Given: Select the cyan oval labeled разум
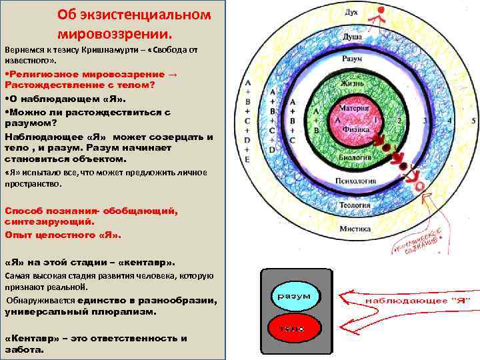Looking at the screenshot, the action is [293, 295].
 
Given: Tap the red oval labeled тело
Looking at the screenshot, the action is [293, 329].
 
